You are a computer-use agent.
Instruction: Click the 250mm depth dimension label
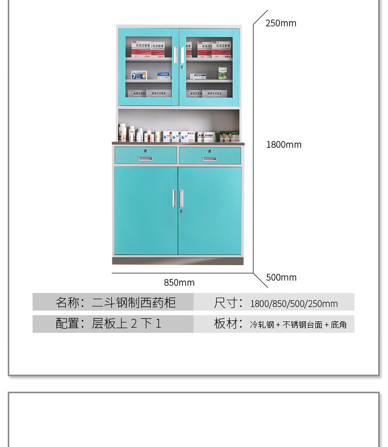(281, 23)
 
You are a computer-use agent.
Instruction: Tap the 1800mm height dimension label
(283, 145)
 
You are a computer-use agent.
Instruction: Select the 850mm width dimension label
(179, 282)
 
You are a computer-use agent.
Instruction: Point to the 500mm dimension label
(281, 278)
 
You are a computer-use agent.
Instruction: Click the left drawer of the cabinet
(145, 156)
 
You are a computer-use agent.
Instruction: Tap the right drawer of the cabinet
(210, 156)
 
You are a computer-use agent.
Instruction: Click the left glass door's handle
(176, 55)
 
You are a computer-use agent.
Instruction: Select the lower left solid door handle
(174, 198)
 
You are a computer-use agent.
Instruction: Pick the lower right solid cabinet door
(210, 210)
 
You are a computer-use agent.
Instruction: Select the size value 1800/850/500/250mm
(294, 304)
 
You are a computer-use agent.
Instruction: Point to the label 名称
(69, 302)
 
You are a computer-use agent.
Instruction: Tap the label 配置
(69, 324)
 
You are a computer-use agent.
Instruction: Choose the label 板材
(228, 324)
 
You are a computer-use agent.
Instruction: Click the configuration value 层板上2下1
(127, 324)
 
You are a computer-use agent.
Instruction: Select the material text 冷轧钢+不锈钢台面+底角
(299, 325)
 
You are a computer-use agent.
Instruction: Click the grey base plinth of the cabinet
(177, 260)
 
